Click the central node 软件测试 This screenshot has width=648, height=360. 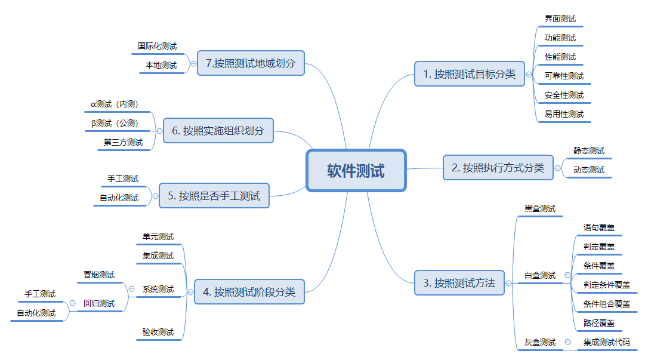pos(356,171)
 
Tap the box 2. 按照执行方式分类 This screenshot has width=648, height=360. pos(498,168)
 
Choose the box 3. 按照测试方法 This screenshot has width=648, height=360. pos(459,283)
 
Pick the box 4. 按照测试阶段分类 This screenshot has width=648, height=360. pos(249,292)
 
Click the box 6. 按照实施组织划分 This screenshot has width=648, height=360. pos(218,130)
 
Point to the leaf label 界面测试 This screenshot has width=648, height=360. pos(560,19)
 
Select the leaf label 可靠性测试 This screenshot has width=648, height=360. pos(564,76)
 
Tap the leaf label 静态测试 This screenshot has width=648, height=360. pos(589,150)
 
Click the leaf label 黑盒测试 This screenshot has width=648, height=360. pos(540,208)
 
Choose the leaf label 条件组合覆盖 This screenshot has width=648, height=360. pos(607,304)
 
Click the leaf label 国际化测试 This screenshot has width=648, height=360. pos(157,46)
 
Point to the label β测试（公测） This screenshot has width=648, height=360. pos(115,123)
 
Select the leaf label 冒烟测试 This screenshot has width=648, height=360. pos(99,275)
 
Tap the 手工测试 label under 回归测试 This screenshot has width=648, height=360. pos(40,294)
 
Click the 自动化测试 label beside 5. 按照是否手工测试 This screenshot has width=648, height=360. pos(119,198)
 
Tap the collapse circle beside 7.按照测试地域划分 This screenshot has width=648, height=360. pos(193,63)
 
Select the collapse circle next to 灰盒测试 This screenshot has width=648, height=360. pos(567,342)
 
